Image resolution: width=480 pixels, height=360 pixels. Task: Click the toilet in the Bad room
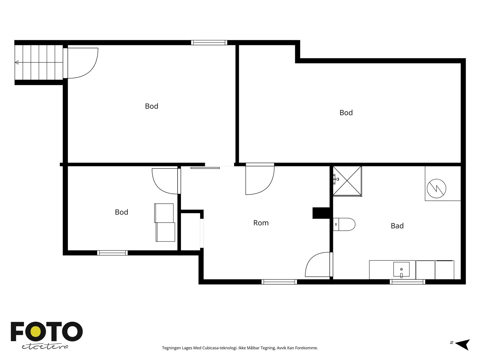(344, 224)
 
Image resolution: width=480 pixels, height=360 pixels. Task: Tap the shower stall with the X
(347, 181)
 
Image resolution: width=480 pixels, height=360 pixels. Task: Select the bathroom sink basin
(401, 269)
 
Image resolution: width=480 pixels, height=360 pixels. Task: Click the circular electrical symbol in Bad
(436, 188)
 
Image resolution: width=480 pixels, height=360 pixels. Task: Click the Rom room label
(261, 223)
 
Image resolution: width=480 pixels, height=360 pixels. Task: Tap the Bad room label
(397, 226)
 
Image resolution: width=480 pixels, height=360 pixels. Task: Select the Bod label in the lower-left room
(121, 212)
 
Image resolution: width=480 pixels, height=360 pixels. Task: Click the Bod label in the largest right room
(346, 112)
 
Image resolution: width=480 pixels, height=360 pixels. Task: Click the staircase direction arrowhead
(16, 62)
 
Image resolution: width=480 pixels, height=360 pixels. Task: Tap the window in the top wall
(209, 43)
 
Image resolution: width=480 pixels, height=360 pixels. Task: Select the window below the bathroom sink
(407, 282)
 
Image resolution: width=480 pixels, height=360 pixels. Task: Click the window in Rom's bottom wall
(279, 282)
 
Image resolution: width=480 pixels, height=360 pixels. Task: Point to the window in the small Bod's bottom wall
(112, 253)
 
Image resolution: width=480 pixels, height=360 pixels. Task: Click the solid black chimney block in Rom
(321, 213)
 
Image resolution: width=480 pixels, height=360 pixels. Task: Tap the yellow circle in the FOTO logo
(36, 331)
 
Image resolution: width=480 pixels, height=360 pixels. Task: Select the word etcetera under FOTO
(45, 346)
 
